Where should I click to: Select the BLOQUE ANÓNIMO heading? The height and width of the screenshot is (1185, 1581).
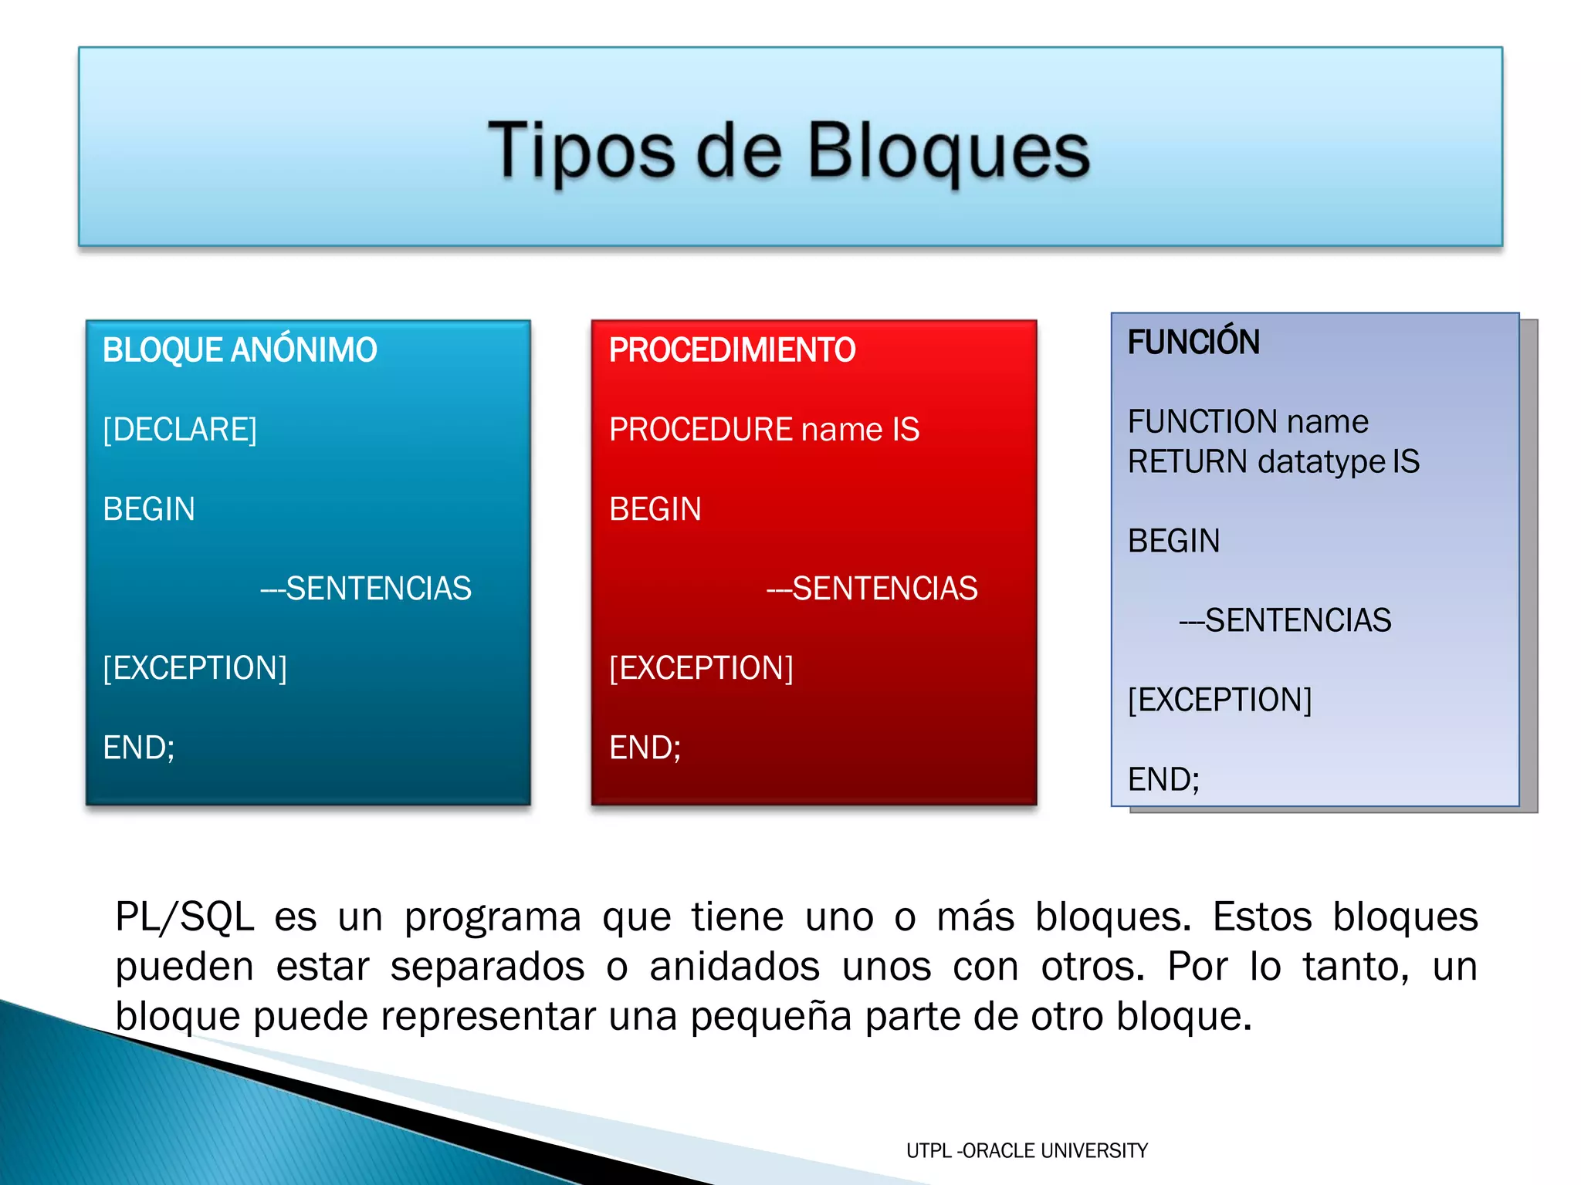pyautogui.click(x=240, y=350)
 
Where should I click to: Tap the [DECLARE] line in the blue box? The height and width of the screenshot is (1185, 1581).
pyautogui.click(x=180, y=430)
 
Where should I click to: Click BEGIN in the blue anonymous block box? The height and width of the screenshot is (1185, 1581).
pyautogui.click(x=149, y=509)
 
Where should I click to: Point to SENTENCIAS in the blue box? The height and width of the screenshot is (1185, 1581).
pyautogui.click(x=377, y=589)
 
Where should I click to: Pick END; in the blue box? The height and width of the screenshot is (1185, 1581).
pyautogui.click(x=139, y=748)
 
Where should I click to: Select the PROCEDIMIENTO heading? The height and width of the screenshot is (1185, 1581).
pyautogui.click(x=732, y=350)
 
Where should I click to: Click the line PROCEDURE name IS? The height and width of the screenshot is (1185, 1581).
pyautogui.click(x=764, y=430)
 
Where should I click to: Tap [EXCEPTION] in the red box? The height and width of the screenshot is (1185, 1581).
pyautogui.click(x=701, y=668)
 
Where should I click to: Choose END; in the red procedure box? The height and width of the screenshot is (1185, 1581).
pyautogui.click(x=645, y=748)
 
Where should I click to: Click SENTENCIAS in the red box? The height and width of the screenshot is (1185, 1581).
pyautogui.click(x=884, y=589)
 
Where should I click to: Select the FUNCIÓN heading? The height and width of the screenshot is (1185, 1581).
pyautogui.click(x=1193, y=343)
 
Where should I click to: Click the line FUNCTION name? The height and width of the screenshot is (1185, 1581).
pyautogui.click(x=1248, y=422)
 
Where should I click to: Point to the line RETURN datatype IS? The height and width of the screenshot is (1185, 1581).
pyautogui.click(x=1274, y=462)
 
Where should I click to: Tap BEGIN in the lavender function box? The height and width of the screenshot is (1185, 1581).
pyautogui.click(x=1173, y=541)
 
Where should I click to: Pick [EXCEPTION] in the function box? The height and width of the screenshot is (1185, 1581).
pyautogui.click(x=1220, y=700)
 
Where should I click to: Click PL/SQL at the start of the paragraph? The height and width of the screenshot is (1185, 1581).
pyautogui.click(x=185, y=917)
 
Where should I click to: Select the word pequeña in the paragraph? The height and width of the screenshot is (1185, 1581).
pyautogui.click(x=771, y=1016)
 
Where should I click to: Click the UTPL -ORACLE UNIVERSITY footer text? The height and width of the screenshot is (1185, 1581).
pyautogui.click(x=1027, y=1151)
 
